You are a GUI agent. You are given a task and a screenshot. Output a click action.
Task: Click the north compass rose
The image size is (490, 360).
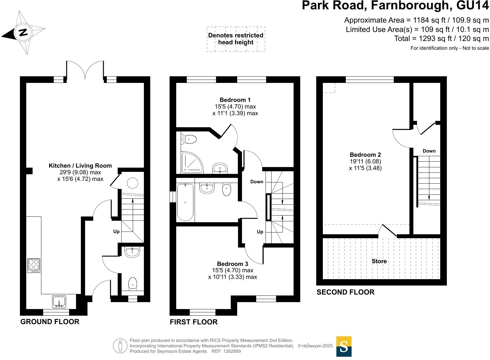(23, 32)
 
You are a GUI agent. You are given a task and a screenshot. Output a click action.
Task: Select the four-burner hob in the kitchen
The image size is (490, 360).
(33, 265)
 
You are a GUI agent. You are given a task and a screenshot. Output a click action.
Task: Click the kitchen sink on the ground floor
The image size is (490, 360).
(59, 302)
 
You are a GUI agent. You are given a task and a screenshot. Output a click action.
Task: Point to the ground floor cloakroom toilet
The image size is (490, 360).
(133, 284)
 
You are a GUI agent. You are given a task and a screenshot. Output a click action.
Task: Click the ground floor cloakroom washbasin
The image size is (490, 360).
(132, 252)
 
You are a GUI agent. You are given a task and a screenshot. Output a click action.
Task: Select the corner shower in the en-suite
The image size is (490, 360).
(191, 163)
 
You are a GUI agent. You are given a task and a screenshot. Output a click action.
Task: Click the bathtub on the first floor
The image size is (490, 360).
(185, 202)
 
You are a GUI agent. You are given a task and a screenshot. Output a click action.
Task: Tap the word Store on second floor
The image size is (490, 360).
(379, 261)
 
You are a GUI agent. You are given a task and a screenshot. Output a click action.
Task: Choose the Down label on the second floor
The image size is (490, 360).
(429, 151)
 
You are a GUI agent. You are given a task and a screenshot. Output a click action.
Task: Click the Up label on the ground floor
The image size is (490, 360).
(116, 232)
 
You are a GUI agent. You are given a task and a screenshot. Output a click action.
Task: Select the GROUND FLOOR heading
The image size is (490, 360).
(50, 322)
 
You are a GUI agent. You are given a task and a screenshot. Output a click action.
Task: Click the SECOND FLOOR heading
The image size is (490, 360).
(345, 292)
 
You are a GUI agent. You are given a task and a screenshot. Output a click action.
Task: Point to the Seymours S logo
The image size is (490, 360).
(344, 346)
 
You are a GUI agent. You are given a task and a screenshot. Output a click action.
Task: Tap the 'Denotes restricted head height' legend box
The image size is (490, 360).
(236, 39)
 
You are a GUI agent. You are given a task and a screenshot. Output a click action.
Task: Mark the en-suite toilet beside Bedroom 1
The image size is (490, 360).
(189, 139)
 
